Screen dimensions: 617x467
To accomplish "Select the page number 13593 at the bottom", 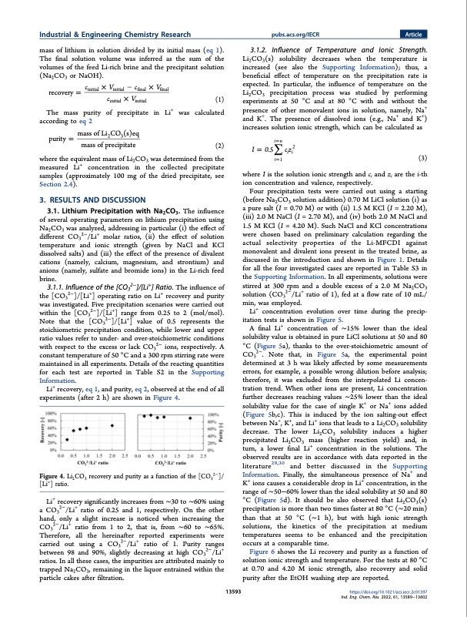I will [232, 593].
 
